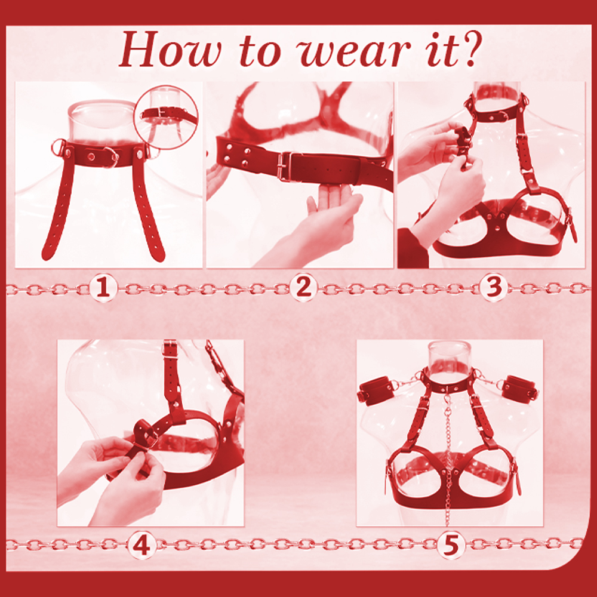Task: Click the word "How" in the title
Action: tap(170, 49)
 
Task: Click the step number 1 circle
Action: tap(103, 288)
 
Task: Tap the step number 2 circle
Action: tap(303, 288)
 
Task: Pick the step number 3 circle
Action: tap(494, 288)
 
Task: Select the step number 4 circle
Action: tap(141, 545)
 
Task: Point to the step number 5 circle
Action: tap(451, 545)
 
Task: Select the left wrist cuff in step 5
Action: tap(377, 390)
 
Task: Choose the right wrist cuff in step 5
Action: tap(520, 389)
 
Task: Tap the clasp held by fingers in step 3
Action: tap(463, 143)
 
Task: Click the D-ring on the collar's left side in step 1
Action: tap(59, 146)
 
